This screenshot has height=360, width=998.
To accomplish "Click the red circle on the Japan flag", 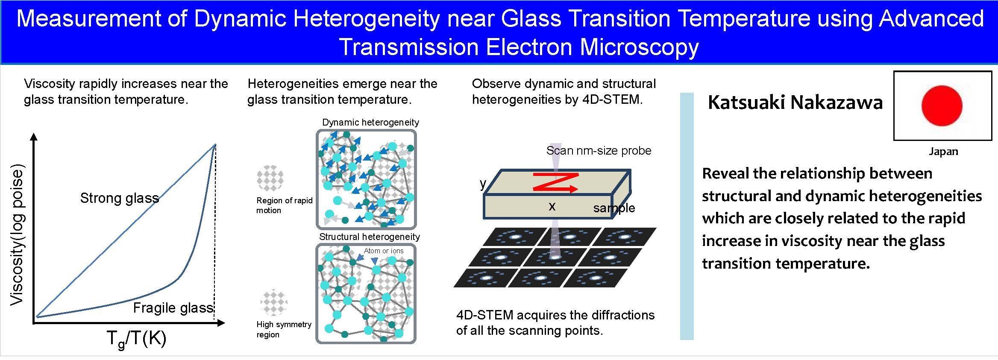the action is tap(942, 105).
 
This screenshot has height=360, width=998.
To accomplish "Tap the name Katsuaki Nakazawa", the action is tap(795, 102).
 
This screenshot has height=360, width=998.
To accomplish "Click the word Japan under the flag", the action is tap(943, 152).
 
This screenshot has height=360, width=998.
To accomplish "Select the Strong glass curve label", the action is tap(120, 198).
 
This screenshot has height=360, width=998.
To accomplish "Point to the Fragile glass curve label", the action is tap(173, 308).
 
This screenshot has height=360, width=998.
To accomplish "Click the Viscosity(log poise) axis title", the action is tap(17, 234).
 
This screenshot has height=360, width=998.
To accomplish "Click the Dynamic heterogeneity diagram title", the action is tap(370, 122).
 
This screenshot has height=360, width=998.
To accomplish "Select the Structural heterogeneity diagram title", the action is tap(370, 237).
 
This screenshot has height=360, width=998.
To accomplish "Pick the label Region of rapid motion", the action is tap(284, 205).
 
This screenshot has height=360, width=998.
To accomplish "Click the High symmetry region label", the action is tap(284, 329).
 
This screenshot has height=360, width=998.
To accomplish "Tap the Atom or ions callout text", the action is tap(384, 251).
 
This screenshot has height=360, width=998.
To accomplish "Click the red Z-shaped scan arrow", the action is tap(555, 182).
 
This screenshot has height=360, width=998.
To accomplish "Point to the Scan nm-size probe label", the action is tap(599, 150).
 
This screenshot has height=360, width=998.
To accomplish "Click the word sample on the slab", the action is tap(614, 208).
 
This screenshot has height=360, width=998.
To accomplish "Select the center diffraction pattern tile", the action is tap(555, 258).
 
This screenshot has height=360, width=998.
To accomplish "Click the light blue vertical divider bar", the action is tap(687, 216).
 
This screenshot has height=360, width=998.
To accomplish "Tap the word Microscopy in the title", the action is tap(639, 47).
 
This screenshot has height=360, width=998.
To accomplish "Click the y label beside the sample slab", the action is tap(483, 184).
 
